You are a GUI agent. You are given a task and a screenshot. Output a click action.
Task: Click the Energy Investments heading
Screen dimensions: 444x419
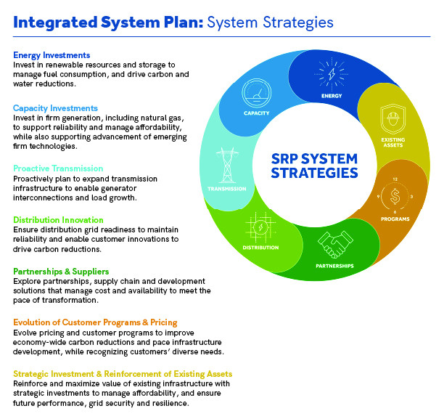pyautogui.click(x=52, y=55)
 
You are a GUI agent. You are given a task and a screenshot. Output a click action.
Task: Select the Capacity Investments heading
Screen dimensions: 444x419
pyautogui.click(x=55, y=108)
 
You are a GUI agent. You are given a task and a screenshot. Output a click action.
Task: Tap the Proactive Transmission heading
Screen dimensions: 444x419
pyautogui.click(x=58, y=168)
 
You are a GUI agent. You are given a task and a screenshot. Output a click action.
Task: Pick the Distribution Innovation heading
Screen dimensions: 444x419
pyautogui.click(x=58, y=220)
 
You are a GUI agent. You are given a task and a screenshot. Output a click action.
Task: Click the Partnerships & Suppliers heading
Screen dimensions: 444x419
pyautogui.click(x=61, y=272)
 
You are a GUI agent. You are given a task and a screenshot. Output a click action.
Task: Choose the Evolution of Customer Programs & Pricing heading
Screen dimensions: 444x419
pyautogui.click(x=95, y=322)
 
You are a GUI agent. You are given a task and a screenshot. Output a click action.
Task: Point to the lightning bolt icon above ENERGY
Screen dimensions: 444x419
pyautogui.click(x=332, y=74)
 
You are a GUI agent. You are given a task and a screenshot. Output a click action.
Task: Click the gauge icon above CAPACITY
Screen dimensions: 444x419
pyautogui.click(x=257, y=93)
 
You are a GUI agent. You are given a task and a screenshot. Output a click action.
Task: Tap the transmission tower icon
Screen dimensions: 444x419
pyautogui.click(x=227, y=165)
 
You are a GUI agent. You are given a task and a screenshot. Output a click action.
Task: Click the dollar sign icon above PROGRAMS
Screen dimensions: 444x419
pyautogui.click(x=395, y=196)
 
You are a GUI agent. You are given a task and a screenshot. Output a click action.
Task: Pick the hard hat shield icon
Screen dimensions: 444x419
pyautogui.click(x=393, y=119)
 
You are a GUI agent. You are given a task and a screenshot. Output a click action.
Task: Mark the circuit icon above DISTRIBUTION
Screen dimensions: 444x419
pyautogui.click(x=260, y=227)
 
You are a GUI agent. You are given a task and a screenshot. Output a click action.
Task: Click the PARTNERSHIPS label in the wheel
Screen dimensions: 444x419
pyautogui.click(x=334, y=266)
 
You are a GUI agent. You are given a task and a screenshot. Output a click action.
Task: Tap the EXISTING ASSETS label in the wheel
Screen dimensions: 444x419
pyautogui.click(x=393, y=142)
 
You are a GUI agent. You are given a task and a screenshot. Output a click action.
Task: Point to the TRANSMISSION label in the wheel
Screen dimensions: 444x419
pyautogui.click(x=227, y=189)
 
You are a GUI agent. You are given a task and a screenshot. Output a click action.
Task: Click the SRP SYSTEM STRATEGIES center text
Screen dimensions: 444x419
pyautogui.click(x=314, y=166)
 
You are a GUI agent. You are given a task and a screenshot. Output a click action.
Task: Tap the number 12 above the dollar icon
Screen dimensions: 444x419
pyautogui.click(x=395, y=179)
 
